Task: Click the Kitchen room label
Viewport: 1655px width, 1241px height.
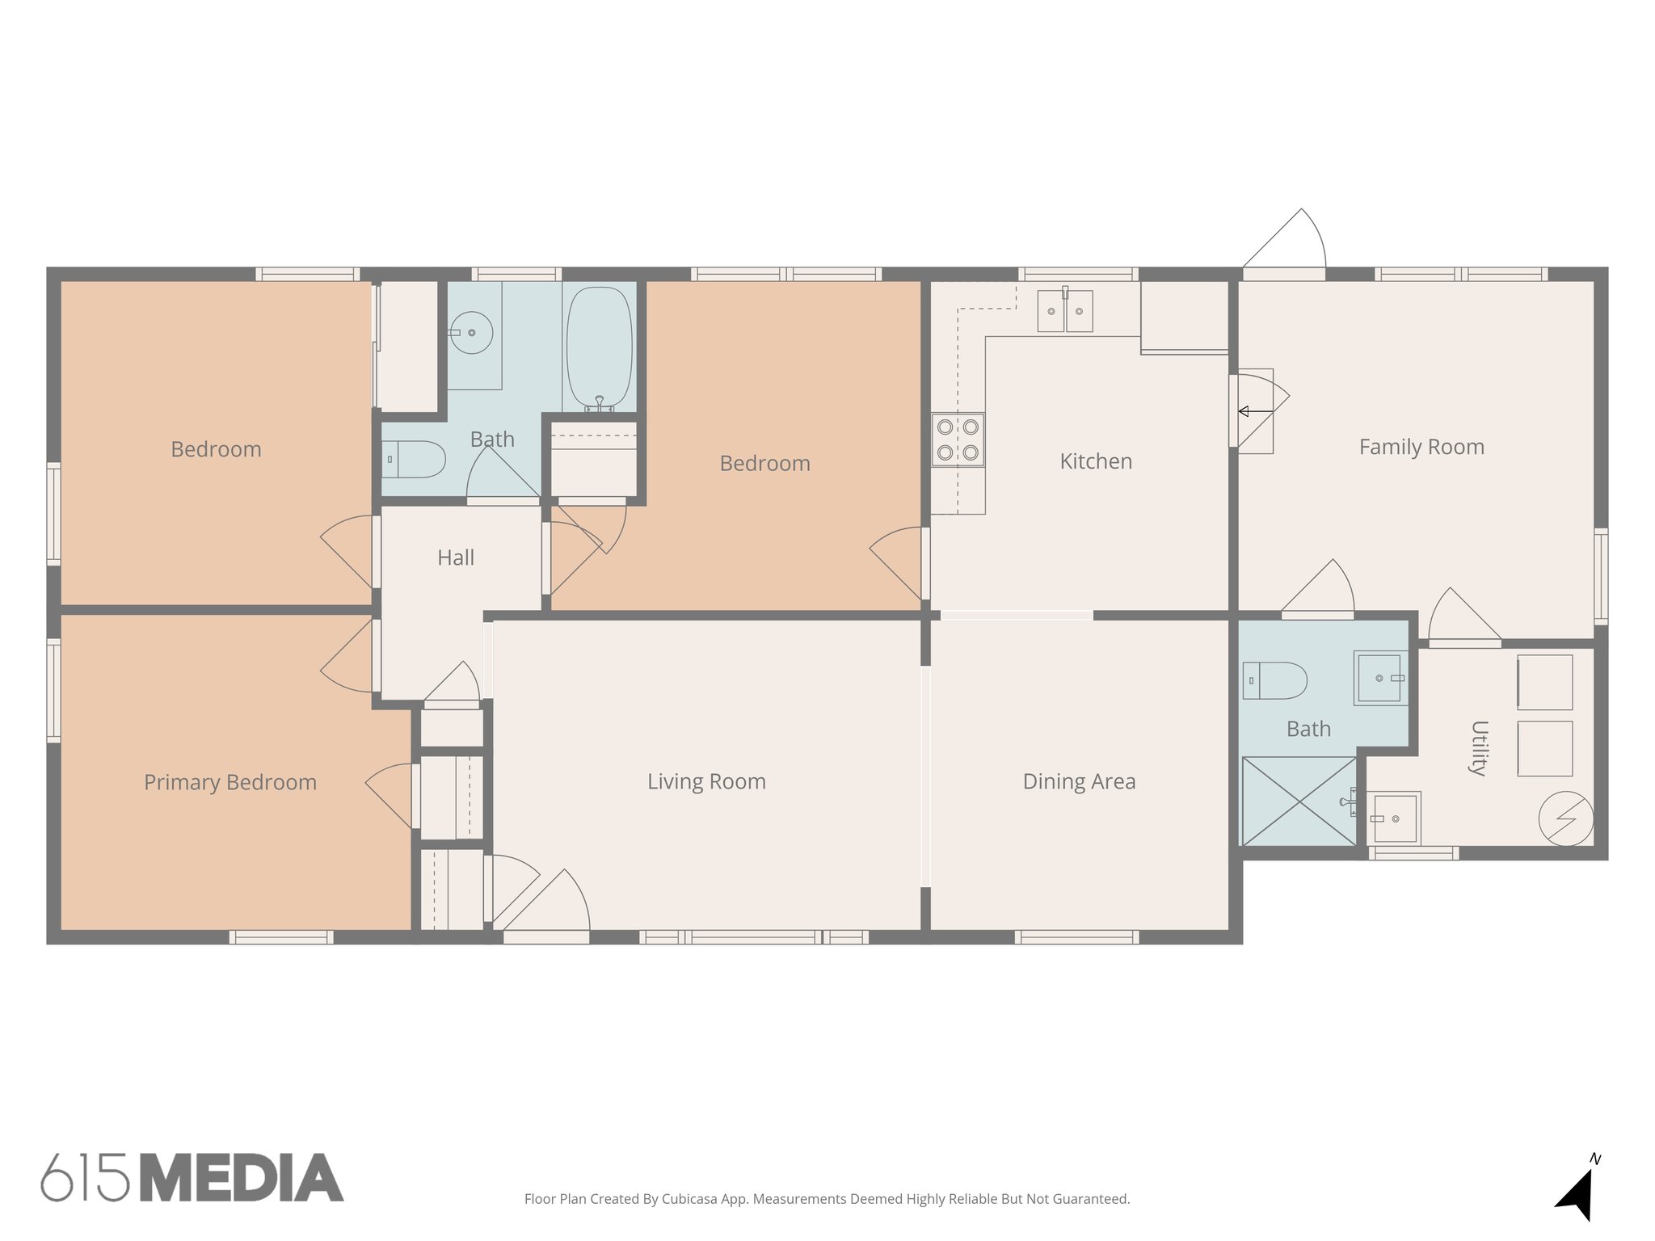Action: [1095, 461]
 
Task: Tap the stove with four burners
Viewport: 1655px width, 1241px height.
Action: [958, 440]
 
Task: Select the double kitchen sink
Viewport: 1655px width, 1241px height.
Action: [1065, 311]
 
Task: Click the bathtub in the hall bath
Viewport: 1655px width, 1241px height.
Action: [599, 347]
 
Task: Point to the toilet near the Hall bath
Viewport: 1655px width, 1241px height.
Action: [415, 459]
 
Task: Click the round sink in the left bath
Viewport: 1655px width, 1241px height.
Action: [471, 332]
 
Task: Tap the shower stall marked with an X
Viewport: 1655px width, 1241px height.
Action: [1299, 801]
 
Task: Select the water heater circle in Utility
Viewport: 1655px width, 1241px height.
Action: [1565, 818]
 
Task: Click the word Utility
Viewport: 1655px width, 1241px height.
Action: [1479, 747]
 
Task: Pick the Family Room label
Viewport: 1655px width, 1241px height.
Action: [1421, 447]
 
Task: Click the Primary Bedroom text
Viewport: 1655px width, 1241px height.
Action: [230, 782]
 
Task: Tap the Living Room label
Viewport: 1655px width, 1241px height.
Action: [706, 781]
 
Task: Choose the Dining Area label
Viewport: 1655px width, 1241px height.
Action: [1079, 781]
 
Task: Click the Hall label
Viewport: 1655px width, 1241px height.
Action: [456, 557]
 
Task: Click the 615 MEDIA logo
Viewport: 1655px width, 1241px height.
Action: [192, 1178]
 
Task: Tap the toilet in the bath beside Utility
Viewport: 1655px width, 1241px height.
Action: [1274, 680]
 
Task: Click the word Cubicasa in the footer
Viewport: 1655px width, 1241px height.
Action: [691, 1199]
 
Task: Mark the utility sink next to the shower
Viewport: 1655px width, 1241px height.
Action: [1395, 819]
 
